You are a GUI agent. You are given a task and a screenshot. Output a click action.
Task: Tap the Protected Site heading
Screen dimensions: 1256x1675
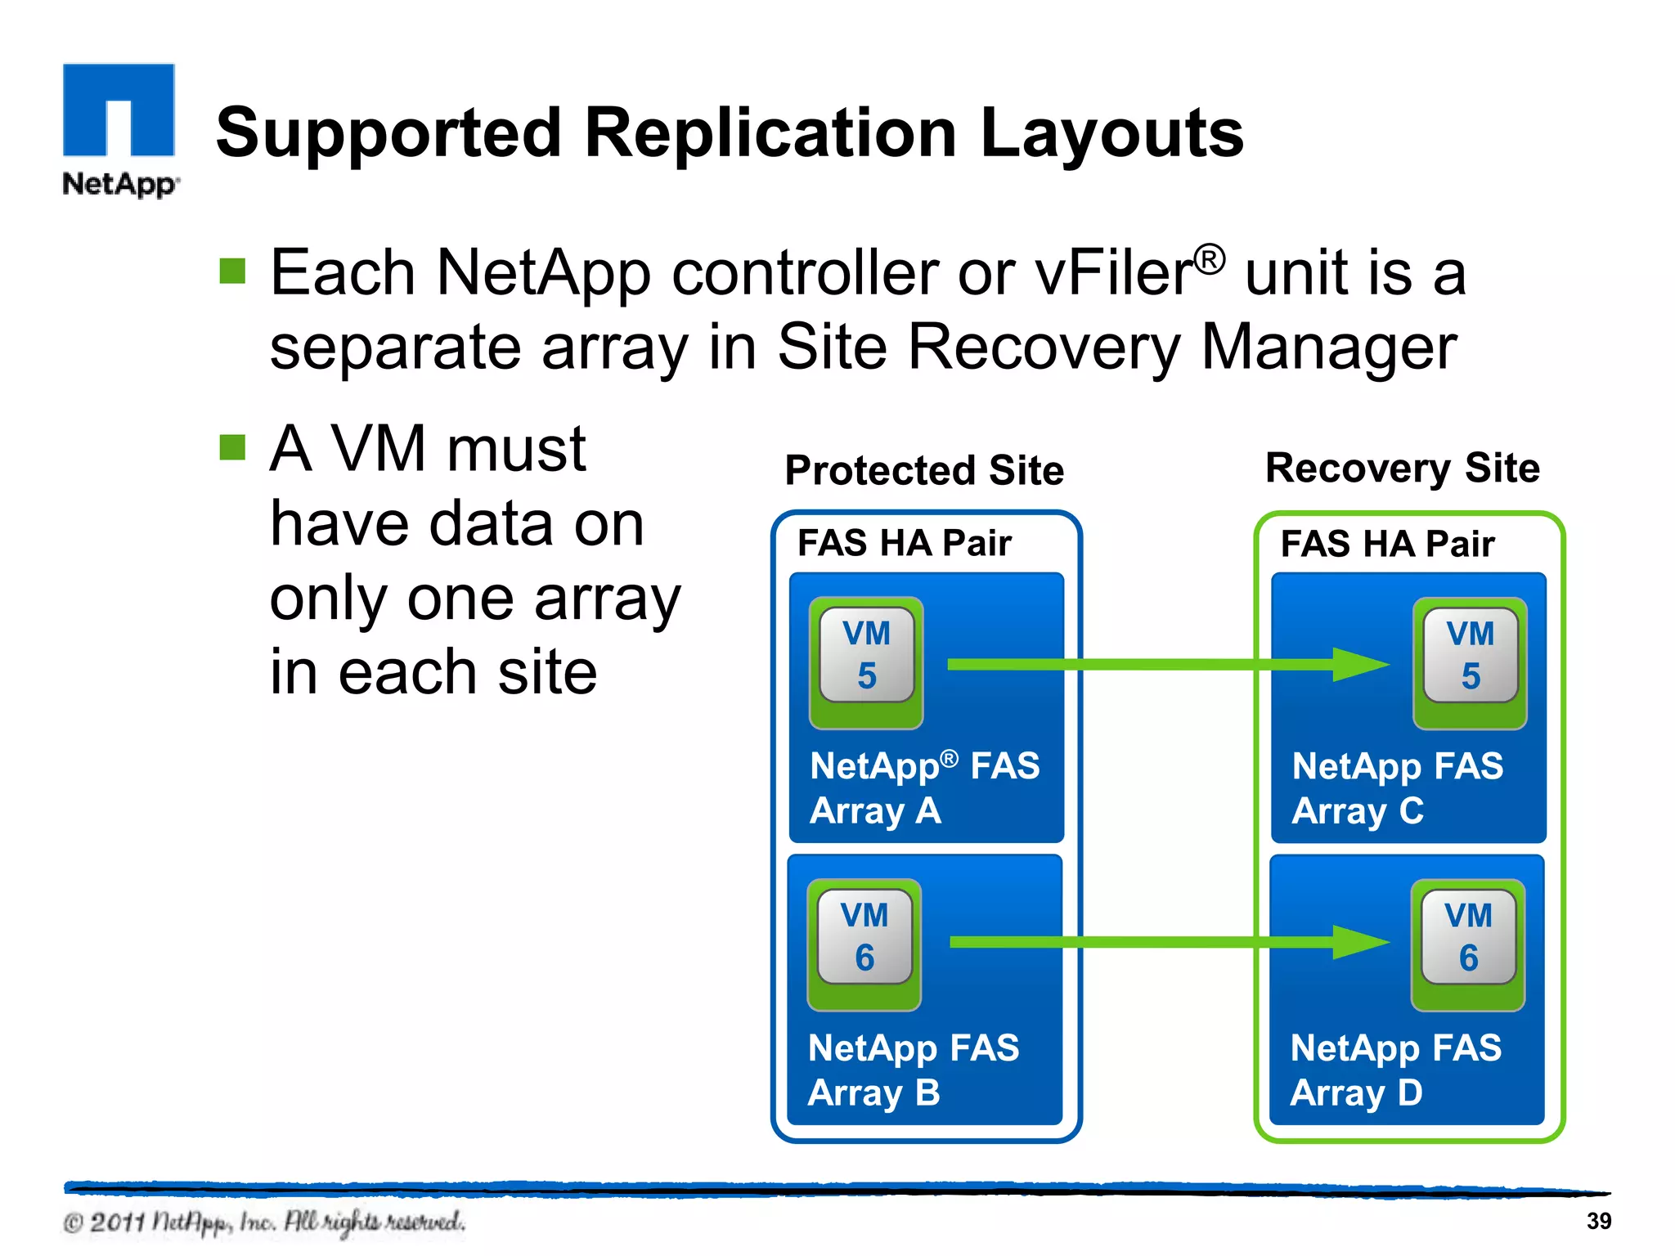924,470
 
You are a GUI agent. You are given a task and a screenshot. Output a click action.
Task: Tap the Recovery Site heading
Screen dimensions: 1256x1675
1402,468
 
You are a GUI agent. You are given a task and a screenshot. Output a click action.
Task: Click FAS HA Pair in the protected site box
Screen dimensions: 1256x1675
904,543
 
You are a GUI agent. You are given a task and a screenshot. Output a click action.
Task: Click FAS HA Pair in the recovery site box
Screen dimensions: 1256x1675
1387,544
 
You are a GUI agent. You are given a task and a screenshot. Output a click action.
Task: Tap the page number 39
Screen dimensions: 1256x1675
1598,1221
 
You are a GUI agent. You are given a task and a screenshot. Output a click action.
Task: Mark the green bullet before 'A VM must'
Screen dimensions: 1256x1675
232,447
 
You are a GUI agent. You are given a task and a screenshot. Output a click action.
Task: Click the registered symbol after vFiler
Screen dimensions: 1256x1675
1210,259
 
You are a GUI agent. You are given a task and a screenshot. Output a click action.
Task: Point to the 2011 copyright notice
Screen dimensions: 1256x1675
263,1222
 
